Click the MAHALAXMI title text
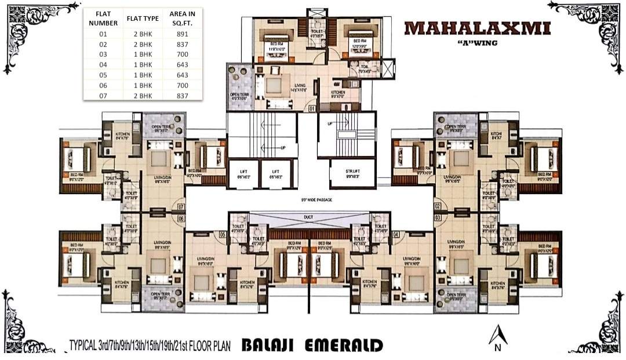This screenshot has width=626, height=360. point(477,28)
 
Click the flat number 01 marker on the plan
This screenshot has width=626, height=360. point(311,108)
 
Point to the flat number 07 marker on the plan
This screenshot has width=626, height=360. point(181,206)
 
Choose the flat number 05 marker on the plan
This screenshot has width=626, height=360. point(223,235)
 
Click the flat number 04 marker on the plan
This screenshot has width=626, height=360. point(396,235)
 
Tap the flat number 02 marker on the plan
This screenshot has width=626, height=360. point(438,206)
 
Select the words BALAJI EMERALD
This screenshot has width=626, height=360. point(311,346)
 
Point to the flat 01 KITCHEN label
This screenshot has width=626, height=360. point(338,94)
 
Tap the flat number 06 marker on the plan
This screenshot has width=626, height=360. point(181,219)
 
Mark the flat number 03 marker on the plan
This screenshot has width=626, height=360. point(438,217)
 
